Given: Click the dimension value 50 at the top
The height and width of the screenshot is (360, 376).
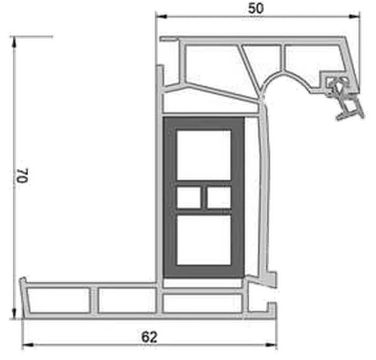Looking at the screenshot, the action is click(x=256, y=8).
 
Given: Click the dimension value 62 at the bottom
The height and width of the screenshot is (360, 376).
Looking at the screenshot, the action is click(x=149, y=337).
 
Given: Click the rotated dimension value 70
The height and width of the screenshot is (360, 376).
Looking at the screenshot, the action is click(x=23, y=175).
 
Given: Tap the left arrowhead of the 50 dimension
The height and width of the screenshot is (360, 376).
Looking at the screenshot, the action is click(x=161, y=16).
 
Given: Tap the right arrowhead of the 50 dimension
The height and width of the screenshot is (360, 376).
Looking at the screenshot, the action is click(x=355, y=16).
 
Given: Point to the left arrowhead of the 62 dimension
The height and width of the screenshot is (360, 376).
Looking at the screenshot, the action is click(x=28, y=345).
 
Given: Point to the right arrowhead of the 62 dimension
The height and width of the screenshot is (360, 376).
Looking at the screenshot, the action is click(x=271, y=345).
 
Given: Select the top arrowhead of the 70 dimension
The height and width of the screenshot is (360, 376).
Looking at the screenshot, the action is click(x=14, y=42).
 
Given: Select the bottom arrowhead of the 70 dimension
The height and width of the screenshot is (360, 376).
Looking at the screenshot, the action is click(x=14, y=314).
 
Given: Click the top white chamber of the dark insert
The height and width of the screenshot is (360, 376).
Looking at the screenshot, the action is click(x=204, y=155).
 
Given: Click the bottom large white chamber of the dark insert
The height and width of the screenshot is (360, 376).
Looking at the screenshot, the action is click(x=204, y=240).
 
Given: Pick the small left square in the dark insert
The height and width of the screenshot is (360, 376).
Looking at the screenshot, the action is click(x=189, y=197).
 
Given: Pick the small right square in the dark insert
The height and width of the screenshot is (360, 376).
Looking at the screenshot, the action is click(x=219, y=197).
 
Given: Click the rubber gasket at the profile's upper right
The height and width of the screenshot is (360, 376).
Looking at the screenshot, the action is click(x=345, y=97).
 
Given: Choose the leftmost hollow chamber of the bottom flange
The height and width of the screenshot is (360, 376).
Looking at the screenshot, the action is click(x=58, y=300).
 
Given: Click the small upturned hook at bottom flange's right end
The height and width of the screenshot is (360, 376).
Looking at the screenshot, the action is click(x=272, y=308).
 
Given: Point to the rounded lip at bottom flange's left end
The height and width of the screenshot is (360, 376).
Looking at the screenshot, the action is click(x=23, y=280).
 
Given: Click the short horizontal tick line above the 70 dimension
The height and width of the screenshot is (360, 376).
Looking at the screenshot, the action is click(x=32, y=37).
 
